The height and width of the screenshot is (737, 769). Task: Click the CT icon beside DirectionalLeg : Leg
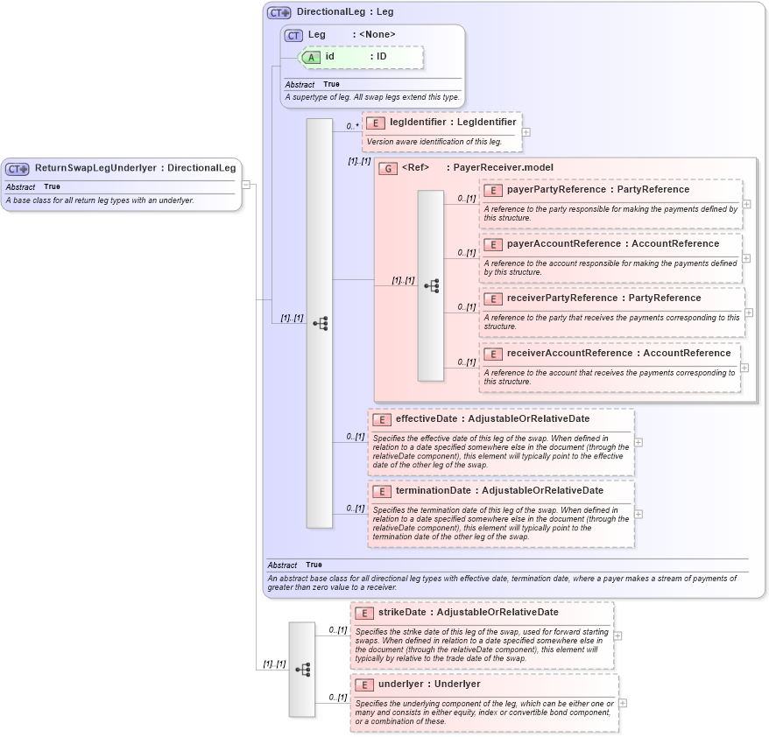tap(279, 12)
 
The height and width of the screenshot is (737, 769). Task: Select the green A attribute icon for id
tap(310, 57)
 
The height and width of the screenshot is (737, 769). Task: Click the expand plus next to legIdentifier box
tap(526, 132)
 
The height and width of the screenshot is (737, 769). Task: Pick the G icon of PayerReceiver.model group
tap(387, 168)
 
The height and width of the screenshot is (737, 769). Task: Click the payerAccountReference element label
tap(564, 243)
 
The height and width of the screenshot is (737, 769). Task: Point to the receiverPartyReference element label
tap(560, 298)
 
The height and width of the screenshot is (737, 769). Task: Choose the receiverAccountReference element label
tap(570, 353)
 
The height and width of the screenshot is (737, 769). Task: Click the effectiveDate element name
tap(427, 418)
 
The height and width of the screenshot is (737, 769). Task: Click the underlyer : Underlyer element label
tap(429, 684)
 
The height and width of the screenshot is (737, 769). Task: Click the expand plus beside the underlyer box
tap(623, 703)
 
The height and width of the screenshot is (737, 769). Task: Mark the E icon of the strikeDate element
tap(363, 613)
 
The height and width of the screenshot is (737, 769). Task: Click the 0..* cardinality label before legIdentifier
tap(352, 126)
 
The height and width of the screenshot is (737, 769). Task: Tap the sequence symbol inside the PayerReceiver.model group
tap(431, 285)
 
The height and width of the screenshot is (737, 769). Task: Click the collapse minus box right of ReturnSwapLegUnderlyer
tap(246, 185)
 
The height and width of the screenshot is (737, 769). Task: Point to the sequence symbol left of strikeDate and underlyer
tap(302, 670)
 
